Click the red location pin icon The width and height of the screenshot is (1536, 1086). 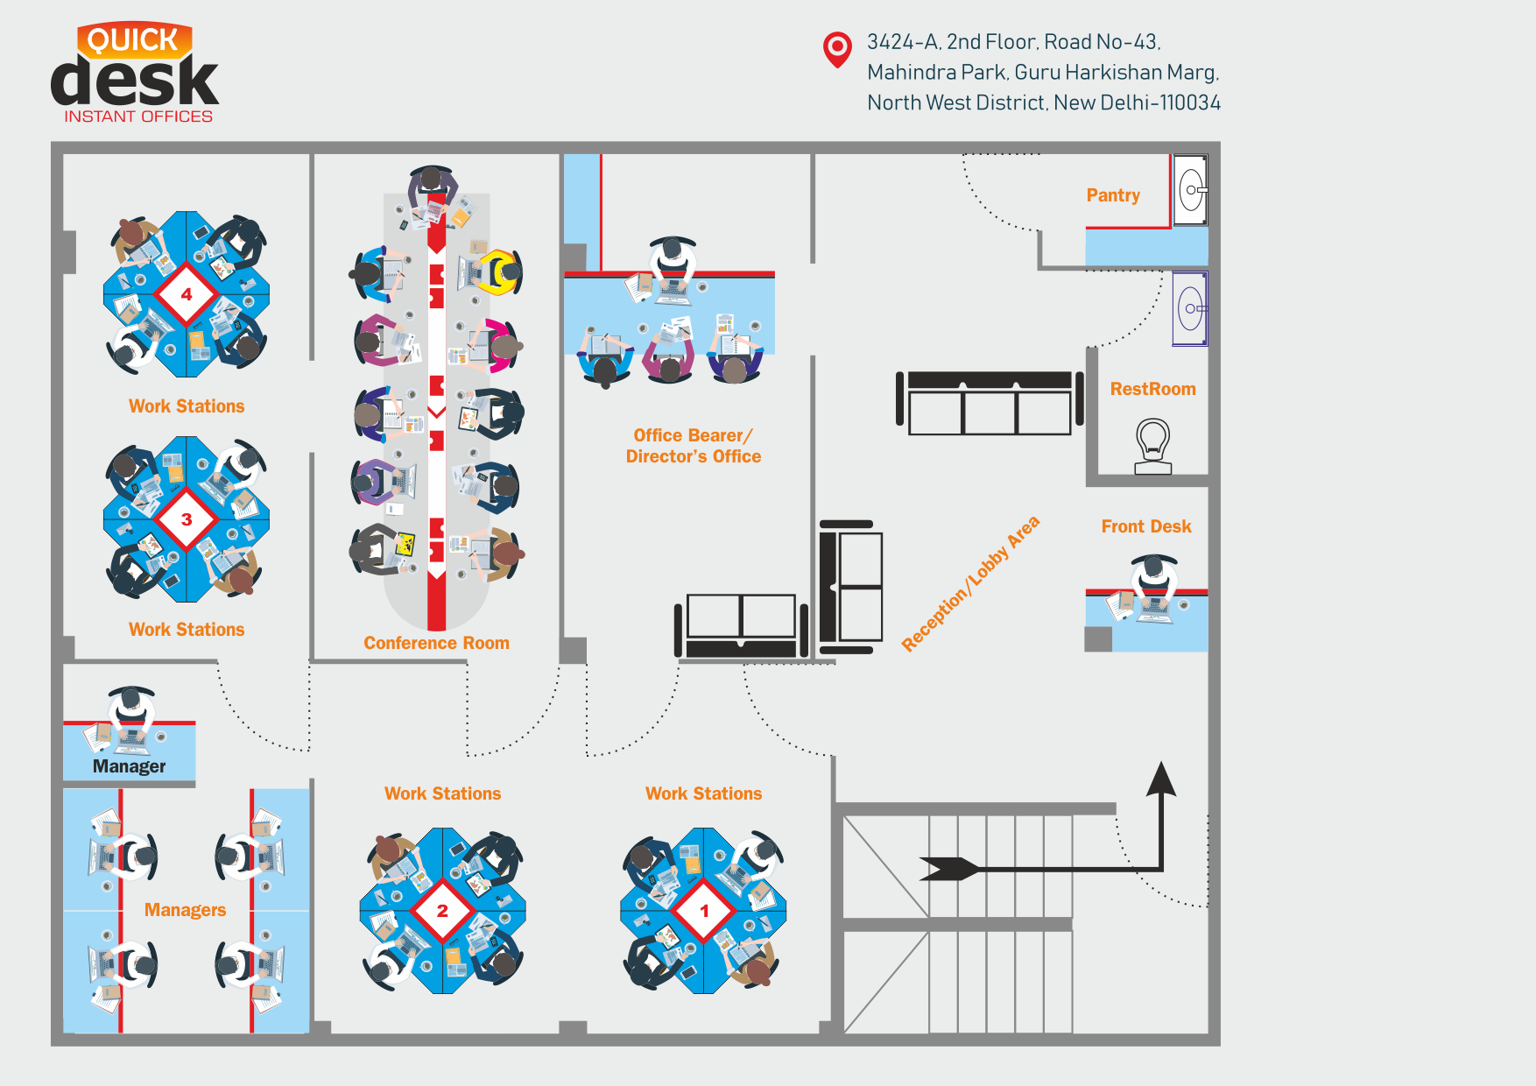tap(837, 48)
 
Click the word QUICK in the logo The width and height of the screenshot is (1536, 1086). tap(133, 40)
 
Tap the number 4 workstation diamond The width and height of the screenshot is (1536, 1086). tap(187, 294)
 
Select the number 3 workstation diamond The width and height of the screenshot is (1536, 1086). tap(187, 519)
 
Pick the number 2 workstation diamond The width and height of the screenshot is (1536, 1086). tap(442, 911)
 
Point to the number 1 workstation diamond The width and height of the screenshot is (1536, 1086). tap(704, 911)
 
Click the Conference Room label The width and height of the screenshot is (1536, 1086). tap(436, 643)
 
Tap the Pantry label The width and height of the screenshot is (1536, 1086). tap(1113, 195)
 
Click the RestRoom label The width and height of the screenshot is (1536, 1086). tap(1152, 389)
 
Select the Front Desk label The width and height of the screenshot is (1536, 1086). tap(1146, 526)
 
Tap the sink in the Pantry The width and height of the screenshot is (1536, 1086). tap(1191, 190)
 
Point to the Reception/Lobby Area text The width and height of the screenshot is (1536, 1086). tap(971, 583)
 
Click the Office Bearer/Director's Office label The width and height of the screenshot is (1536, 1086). tap(693, 446)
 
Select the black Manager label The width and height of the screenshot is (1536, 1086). tap(129, 766)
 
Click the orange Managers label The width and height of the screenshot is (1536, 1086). tap(185, 910)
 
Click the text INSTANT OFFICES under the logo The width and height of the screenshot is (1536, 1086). tap(138, 116)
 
